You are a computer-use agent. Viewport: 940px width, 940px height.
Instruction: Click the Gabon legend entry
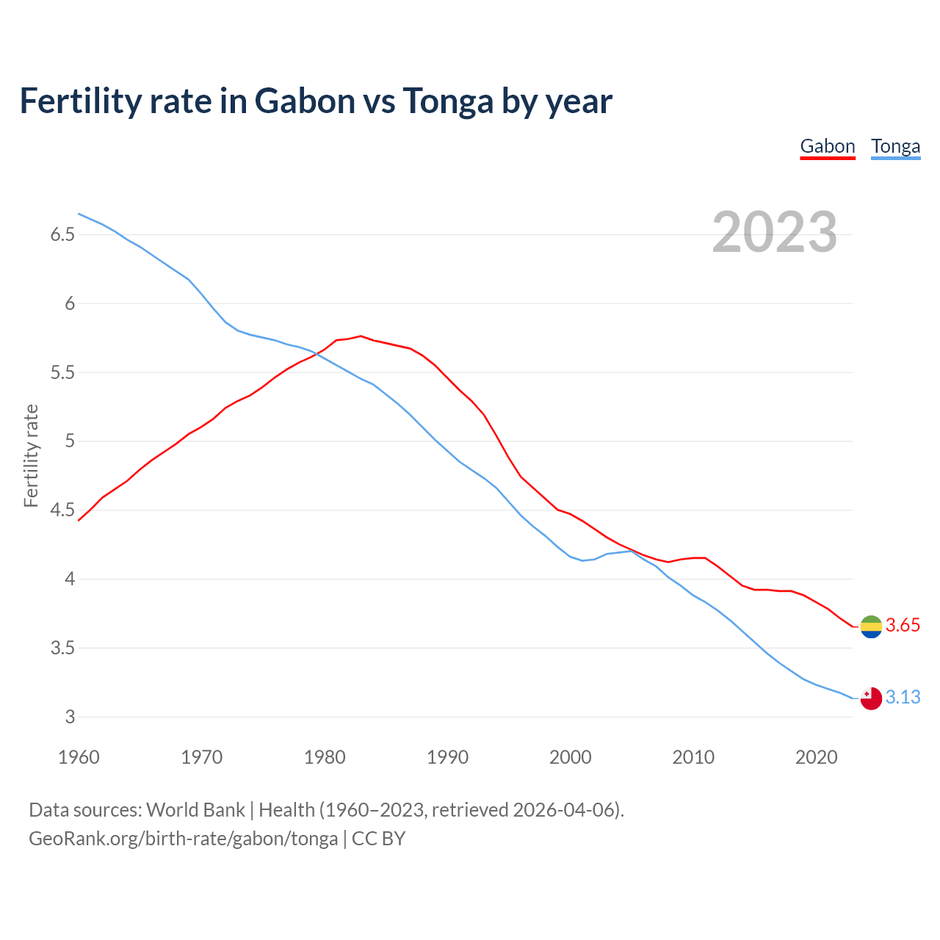click(828, 146)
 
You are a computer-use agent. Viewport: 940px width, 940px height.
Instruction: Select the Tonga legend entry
click(895, 146)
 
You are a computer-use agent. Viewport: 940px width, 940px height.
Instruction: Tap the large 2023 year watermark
click(775, 232)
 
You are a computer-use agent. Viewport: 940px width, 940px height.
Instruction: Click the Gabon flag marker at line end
click(871, 626)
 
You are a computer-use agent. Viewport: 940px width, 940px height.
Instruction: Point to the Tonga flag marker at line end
click(871, 698)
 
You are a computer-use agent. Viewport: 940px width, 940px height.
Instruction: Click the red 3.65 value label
click(903, 626)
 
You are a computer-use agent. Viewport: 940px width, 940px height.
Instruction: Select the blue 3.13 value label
click(903, 697)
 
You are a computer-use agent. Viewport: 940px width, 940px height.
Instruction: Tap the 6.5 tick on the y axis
click(62, 235)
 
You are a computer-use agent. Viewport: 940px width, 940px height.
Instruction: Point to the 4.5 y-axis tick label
click(62, 510)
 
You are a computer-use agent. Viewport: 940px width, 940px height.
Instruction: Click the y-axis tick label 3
click(70, 717)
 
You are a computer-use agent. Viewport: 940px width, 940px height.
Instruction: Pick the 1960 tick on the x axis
click(79, 757)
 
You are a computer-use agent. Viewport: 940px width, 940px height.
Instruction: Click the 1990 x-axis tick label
click(447, 757)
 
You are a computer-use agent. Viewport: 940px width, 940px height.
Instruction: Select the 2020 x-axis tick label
click(816, 757)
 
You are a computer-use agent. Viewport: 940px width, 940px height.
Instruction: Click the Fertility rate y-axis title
click(31, 455)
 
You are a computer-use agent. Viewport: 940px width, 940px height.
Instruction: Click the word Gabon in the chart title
click(305, 101)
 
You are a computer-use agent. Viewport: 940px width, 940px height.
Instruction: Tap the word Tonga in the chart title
click(448, 101)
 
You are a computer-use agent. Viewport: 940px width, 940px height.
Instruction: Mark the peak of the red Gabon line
click(361, 336)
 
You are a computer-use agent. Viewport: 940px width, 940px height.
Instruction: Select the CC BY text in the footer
click(379, 839)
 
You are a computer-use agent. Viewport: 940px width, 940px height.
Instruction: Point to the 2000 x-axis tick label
click(570, 757)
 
